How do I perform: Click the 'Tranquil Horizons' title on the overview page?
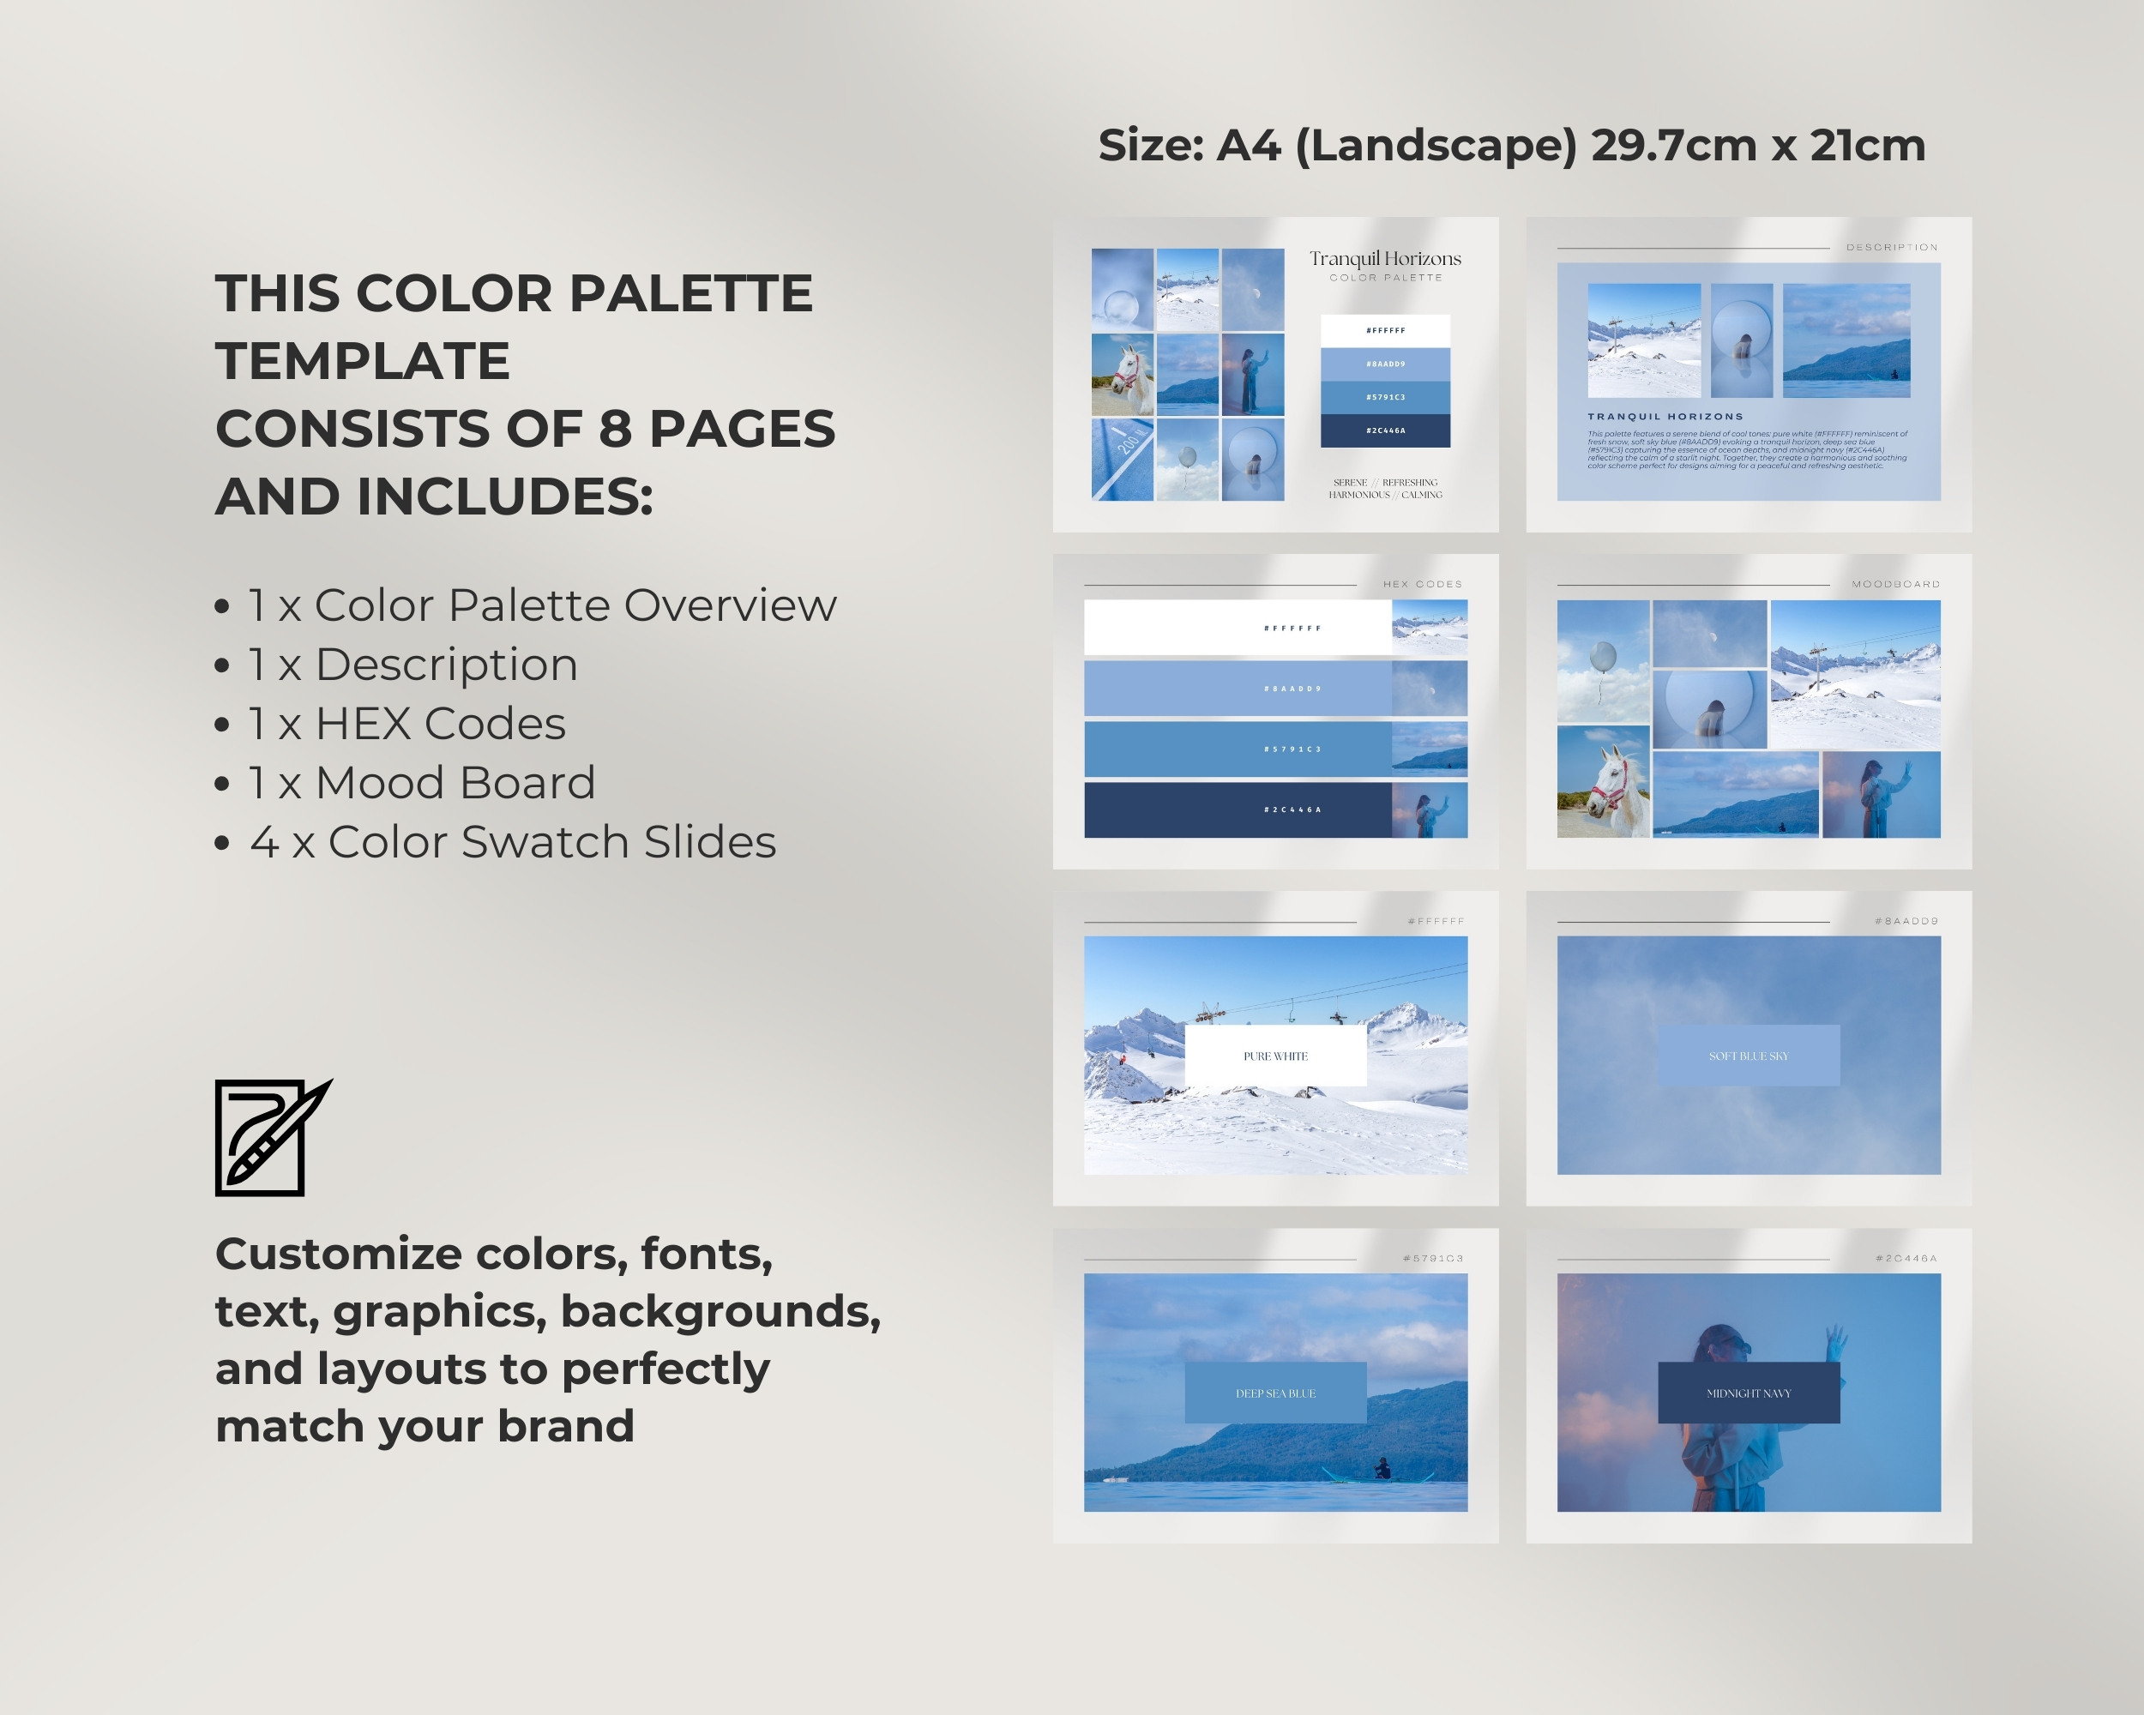pos(1385,258)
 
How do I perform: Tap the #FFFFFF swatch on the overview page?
pos(1385,330)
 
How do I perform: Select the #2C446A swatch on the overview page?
pos(1385,430)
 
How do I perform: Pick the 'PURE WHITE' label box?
pos(1276,1056)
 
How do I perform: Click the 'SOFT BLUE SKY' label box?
pos(1748,1056)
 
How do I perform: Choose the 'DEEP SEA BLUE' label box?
pos(1276,1393)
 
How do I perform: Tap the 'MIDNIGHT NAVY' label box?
pos(1748,1393)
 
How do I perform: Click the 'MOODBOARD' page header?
pos(1895,585)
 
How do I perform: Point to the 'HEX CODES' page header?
pos(1422,585)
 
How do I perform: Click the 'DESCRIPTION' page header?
pos(1891,248)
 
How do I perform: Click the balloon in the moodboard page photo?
pos(1603,659)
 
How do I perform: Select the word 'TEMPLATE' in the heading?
pos(363,360)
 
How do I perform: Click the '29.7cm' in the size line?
pos(1674,146)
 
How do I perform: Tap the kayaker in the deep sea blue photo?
pos(1382,1468)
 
